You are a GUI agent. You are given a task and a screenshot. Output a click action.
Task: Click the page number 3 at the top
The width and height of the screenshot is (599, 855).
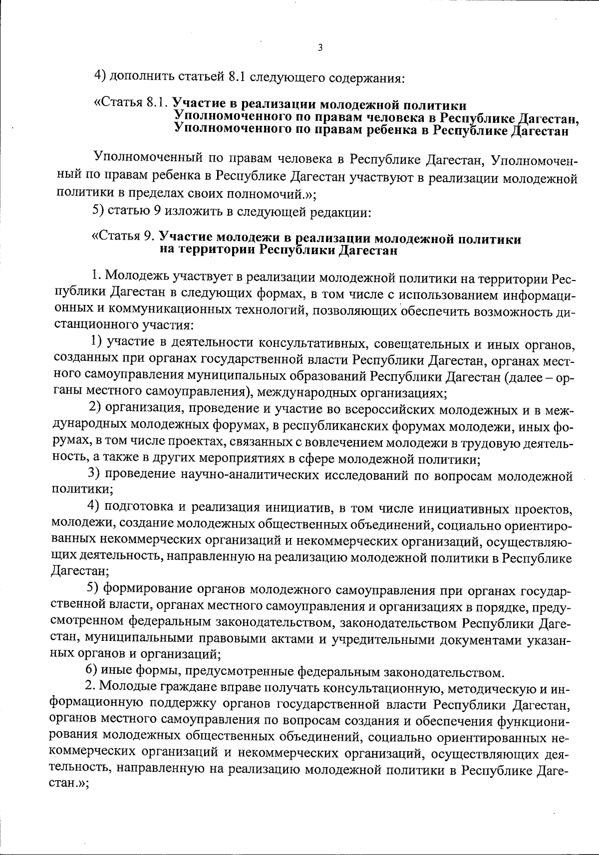(x=320, y=48)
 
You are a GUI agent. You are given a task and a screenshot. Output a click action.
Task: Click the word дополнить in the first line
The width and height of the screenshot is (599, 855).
(x=141, y=77)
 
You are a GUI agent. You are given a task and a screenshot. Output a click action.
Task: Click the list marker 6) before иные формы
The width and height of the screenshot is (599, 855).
(x=93, y=671)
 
